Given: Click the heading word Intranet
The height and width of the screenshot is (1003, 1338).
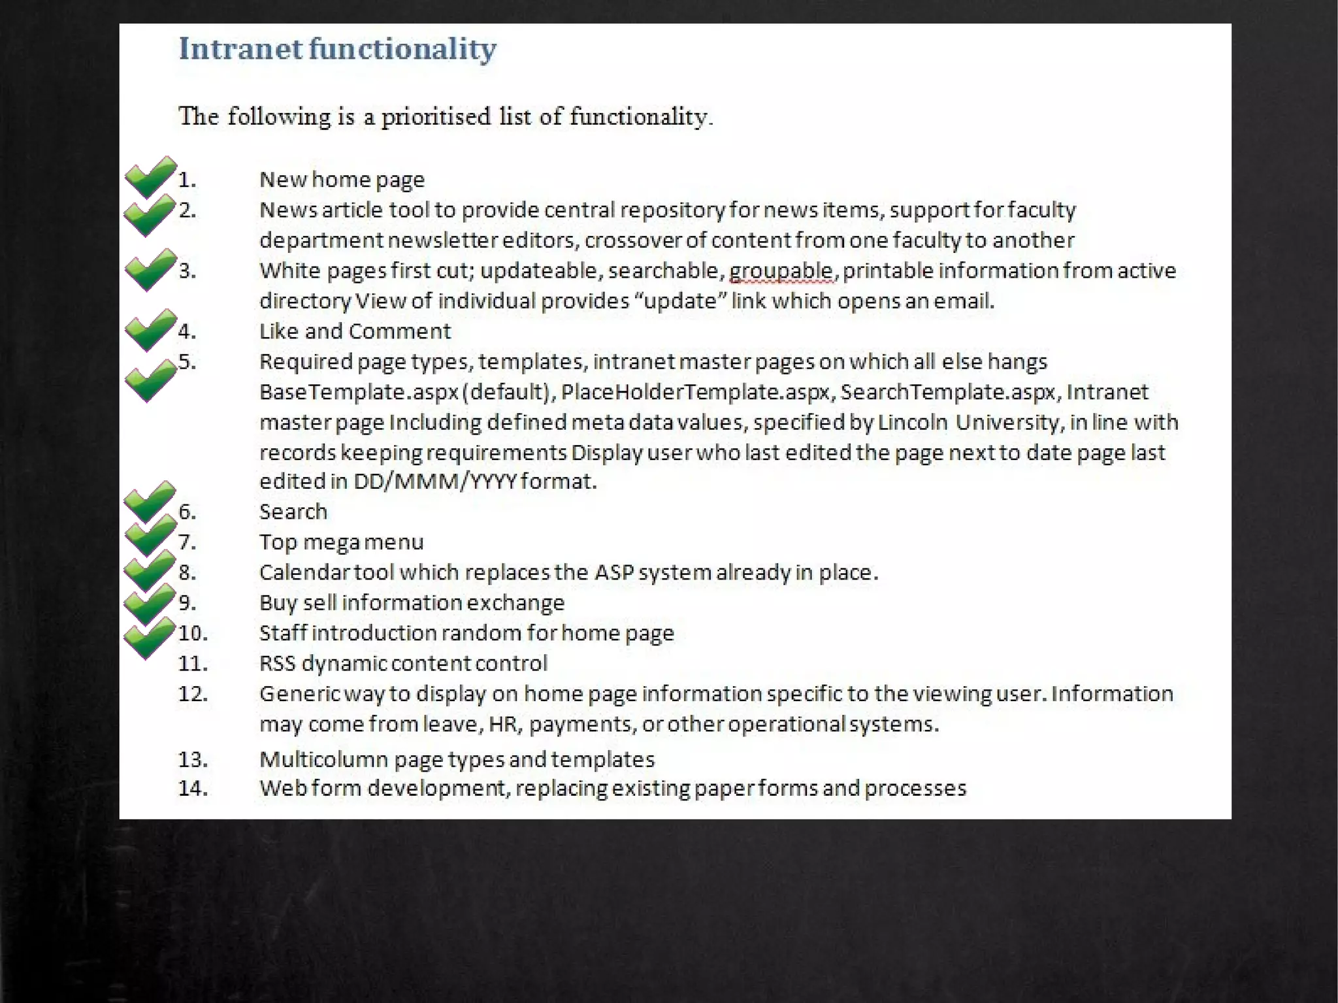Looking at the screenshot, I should [x=240, y=49].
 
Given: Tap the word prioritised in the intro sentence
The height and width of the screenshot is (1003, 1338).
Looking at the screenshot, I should [x=436, y=117].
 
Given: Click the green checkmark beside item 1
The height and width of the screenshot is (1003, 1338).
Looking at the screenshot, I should [x=150, y=176].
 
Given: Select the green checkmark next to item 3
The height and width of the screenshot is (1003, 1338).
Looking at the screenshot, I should [x=150, y=269].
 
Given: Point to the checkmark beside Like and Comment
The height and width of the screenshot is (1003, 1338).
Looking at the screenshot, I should [x=150, y=330].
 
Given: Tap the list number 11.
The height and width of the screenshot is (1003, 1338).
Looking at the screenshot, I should [x=193, y=664].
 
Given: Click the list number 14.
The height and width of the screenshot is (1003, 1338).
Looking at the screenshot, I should [x=193, y=789].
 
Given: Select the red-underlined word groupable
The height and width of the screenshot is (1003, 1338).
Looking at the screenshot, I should [x=781, y=271].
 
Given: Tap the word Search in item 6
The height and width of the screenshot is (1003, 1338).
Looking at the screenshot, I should [x=293, y=512].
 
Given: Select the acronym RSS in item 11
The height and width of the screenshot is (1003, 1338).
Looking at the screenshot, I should [x=278, y=664].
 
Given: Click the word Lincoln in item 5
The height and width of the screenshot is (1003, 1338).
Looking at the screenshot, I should [x=913, y=423].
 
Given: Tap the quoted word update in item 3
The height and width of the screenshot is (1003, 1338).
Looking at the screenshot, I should [x=681, y=301].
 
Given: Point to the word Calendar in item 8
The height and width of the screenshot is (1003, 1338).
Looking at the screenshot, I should [x=304, y=572].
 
